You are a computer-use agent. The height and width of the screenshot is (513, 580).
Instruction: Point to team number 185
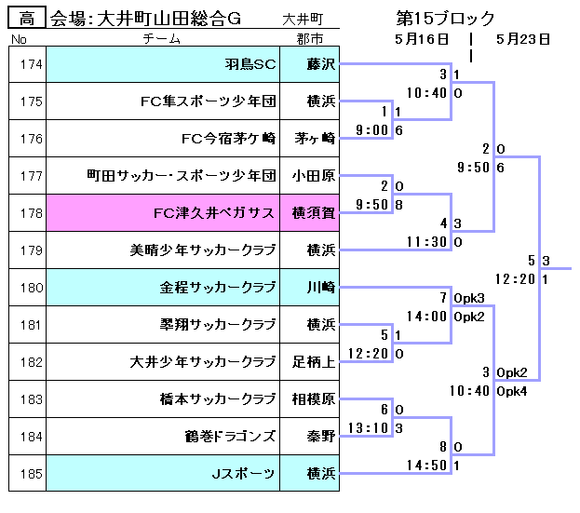(x=31, y=474)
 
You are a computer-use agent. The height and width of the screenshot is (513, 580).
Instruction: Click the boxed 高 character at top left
(x=28, y=18)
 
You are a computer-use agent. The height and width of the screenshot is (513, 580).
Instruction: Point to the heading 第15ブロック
(x=445, y=18)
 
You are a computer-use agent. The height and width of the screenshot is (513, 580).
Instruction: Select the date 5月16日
(x=422, y=39)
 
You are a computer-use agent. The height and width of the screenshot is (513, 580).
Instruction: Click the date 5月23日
(x=523, y=39)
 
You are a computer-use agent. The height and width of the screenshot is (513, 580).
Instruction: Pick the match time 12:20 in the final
(x=514, y=278)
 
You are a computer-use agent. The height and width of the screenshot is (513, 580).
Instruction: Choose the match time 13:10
(x=365, y=427)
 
